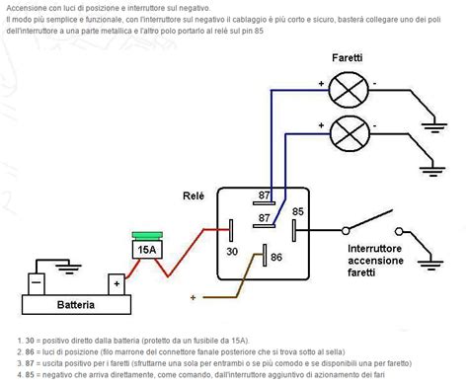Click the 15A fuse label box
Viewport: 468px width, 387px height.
click(x=146, y=250)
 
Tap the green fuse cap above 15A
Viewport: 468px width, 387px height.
click(x=146, y=235)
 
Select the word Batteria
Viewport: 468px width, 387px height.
click(x=76, y=306)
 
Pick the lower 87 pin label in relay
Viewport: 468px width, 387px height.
click(x=264, y=217)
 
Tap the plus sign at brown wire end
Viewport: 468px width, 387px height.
click(x=193, y=296)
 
